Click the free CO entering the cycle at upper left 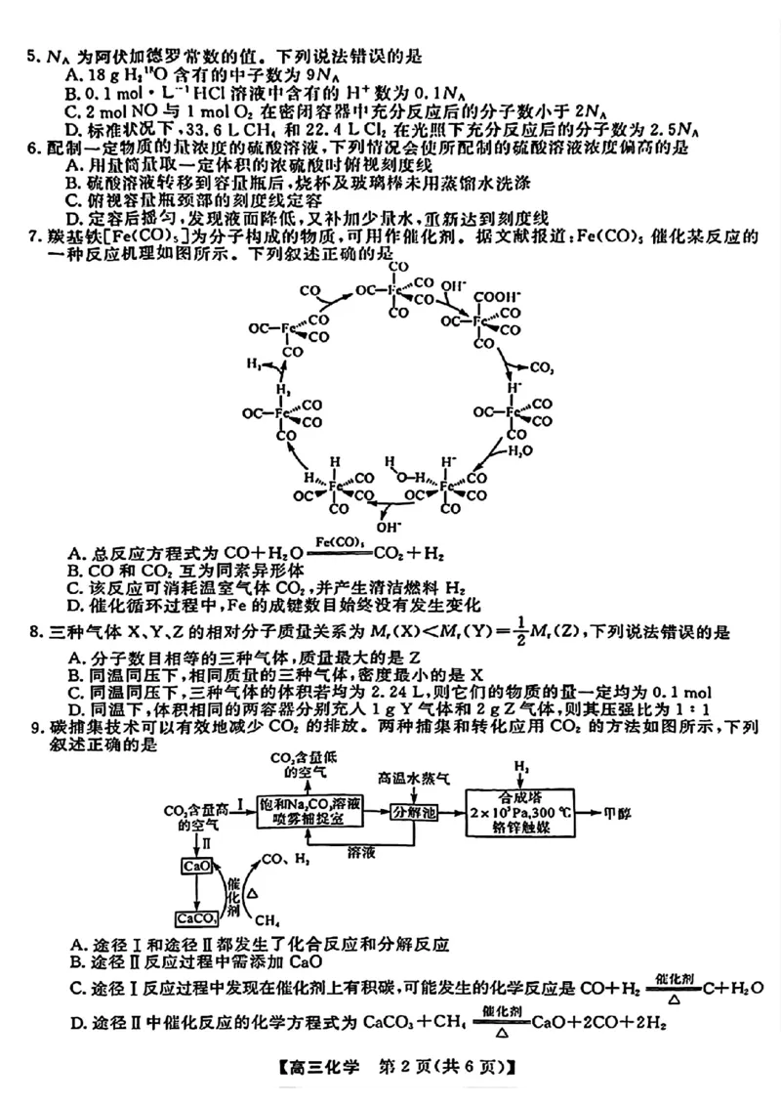[310, 291]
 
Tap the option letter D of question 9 [76, 1023]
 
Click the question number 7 [32, 237]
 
